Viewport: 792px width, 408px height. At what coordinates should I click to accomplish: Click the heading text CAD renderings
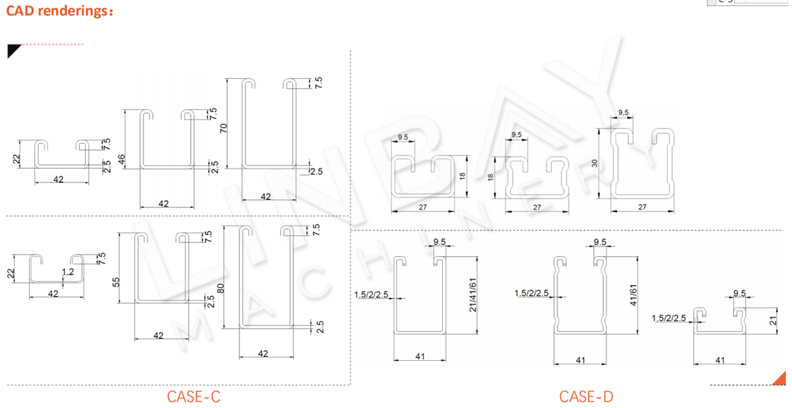pos(60,11)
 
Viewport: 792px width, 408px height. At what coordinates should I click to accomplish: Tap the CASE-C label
pos(193,397)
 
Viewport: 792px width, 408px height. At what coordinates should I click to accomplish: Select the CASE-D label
pos(586,397)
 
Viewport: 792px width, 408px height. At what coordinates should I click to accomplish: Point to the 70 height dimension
pos(224,126)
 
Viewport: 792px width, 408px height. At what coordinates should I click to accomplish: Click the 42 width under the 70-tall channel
pos(266,197)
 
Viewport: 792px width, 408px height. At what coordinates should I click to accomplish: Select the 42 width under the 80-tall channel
pos(263,353)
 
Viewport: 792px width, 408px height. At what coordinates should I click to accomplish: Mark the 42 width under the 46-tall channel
pos(164,203)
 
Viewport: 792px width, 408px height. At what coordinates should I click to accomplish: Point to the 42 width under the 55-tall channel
pos(158,335)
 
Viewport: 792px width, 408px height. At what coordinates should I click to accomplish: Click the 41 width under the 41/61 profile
pos(580,360)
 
